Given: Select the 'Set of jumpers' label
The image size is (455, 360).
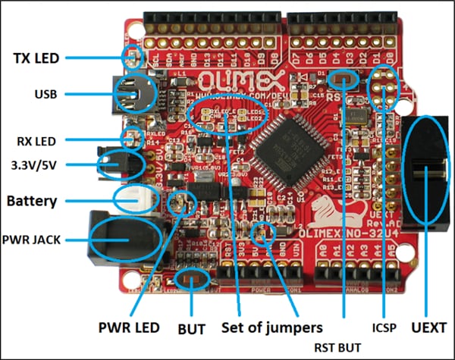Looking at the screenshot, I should click(271, 328).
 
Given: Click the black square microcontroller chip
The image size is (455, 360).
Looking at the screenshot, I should click(280, 147).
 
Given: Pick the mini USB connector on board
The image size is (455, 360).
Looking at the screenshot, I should click(130, 95).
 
